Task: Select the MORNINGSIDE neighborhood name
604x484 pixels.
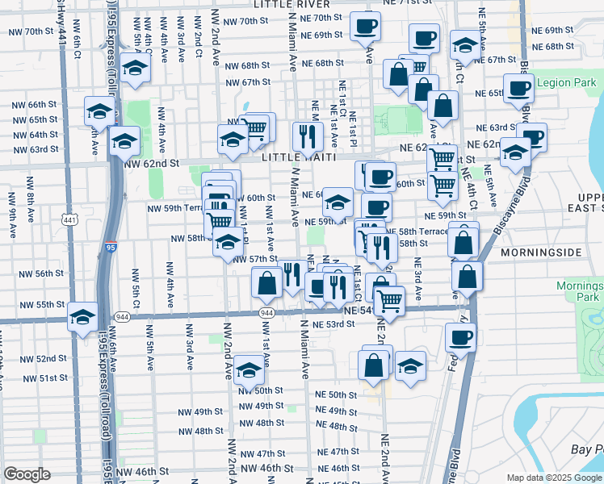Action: [540, 252]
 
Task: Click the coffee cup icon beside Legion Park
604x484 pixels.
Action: [518, 89]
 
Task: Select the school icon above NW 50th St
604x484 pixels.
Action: [250, 370]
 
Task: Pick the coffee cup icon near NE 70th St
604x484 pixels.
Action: [364, 27]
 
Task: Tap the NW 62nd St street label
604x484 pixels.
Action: [152, 163]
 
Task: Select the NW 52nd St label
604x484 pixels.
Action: [39, 358]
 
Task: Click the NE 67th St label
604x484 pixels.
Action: [496, 60]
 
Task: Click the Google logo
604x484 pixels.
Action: [27, 474]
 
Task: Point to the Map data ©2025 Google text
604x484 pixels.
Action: [553, 478]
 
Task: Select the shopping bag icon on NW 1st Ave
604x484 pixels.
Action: [266, 283]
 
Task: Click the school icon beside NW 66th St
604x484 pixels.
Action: [99, 111]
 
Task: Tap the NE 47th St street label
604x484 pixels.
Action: [338, 452]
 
